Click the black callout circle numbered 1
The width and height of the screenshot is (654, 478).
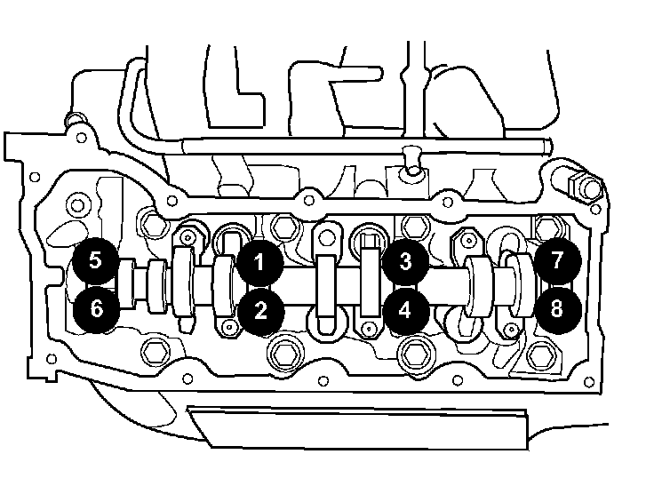[x=259, y=262]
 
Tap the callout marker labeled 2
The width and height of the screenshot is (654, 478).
[x=259, y=309]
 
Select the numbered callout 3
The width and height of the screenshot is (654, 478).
[x=405, y=261]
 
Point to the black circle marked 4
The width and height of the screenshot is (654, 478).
[x=405, y=310]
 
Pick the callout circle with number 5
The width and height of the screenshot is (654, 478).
[x=96, y=262]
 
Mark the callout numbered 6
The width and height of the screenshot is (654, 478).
[x=96, y=309]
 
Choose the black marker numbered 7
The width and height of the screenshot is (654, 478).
[x=556, y=261]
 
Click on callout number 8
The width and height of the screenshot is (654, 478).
[x=556, y=309]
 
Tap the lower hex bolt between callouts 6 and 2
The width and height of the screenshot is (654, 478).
[x=156, y=353]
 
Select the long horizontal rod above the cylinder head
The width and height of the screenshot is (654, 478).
[x=355, y=146]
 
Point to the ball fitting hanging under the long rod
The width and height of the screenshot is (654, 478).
[x=411, y=162]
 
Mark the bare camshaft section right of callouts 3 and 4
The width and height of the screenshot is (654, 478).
[x=444, y=285]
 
